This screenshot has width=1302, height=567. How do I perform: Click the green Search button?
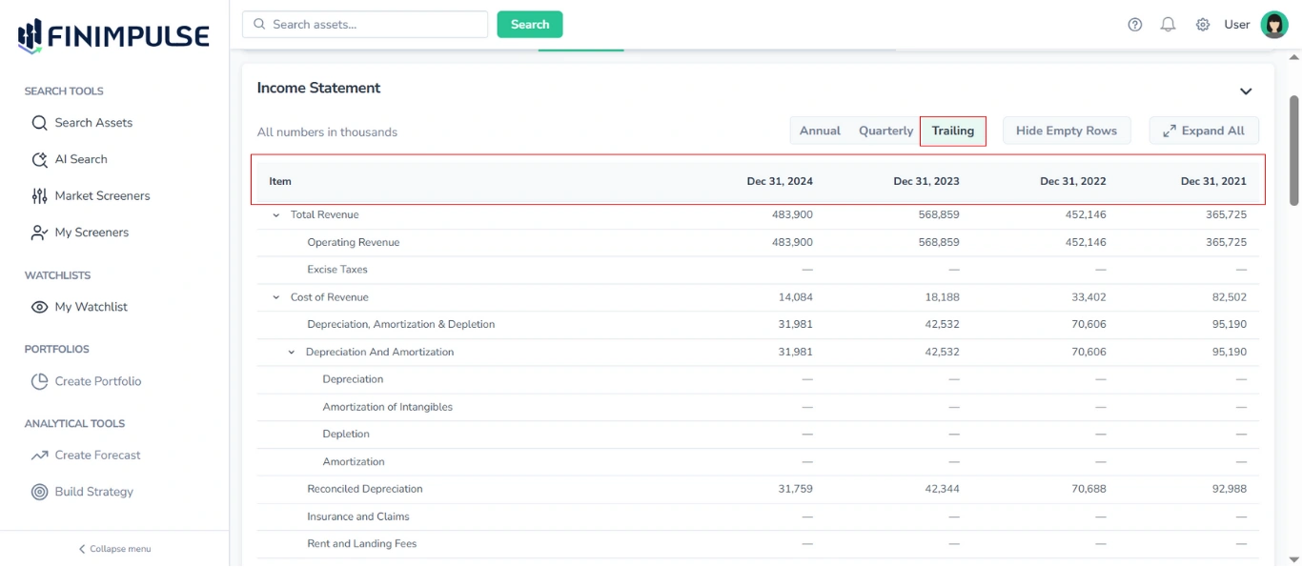(x=530, y=25)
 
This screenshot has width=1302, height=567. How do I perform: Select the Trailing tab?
(x=952, y=131)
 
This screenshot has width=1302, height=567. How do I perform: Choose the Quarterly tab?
(x=885, y=131)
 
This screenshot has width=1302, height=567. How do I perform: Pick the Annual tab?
(x=820, y=131)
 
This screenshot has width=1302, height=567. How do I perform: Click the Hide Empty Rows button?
(x=1066, y=131)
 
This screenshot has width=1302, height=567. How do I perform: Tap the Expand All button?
(x=1204, y=131)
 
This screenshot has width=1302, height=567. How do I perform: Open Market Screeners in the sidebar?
(x=102, y=195)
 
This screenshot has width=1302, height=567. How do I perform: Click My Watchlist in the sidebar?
(x=91, y=307)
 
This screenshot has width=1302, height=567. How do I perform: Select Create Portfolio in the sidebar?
(x=97, y=381)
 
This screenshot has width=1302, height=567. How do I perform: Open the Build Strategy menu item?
(x=93, y=492)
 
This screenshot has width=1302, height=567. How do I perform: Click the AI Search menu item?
(x=81, y=159)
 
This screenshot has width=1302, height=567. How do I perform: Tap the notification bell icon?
(x=1168, y=25)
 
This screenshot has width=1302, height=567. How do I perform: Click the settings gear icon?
(x=1203, y=25)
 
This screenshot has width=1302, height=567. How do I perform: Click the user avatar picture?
(x=1274, y=25)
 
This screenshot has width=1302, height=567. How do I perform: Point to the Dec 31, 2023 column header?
(x=926, y=181)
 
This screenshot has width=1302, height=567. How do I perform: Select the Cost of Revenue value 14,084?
(x=795, y=297)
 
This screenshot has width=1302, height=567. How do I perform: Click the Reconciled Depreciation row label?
(x=364, y=489)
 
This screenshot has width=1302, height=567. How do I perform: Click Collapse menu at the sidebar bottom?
(x=114, y=549)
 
